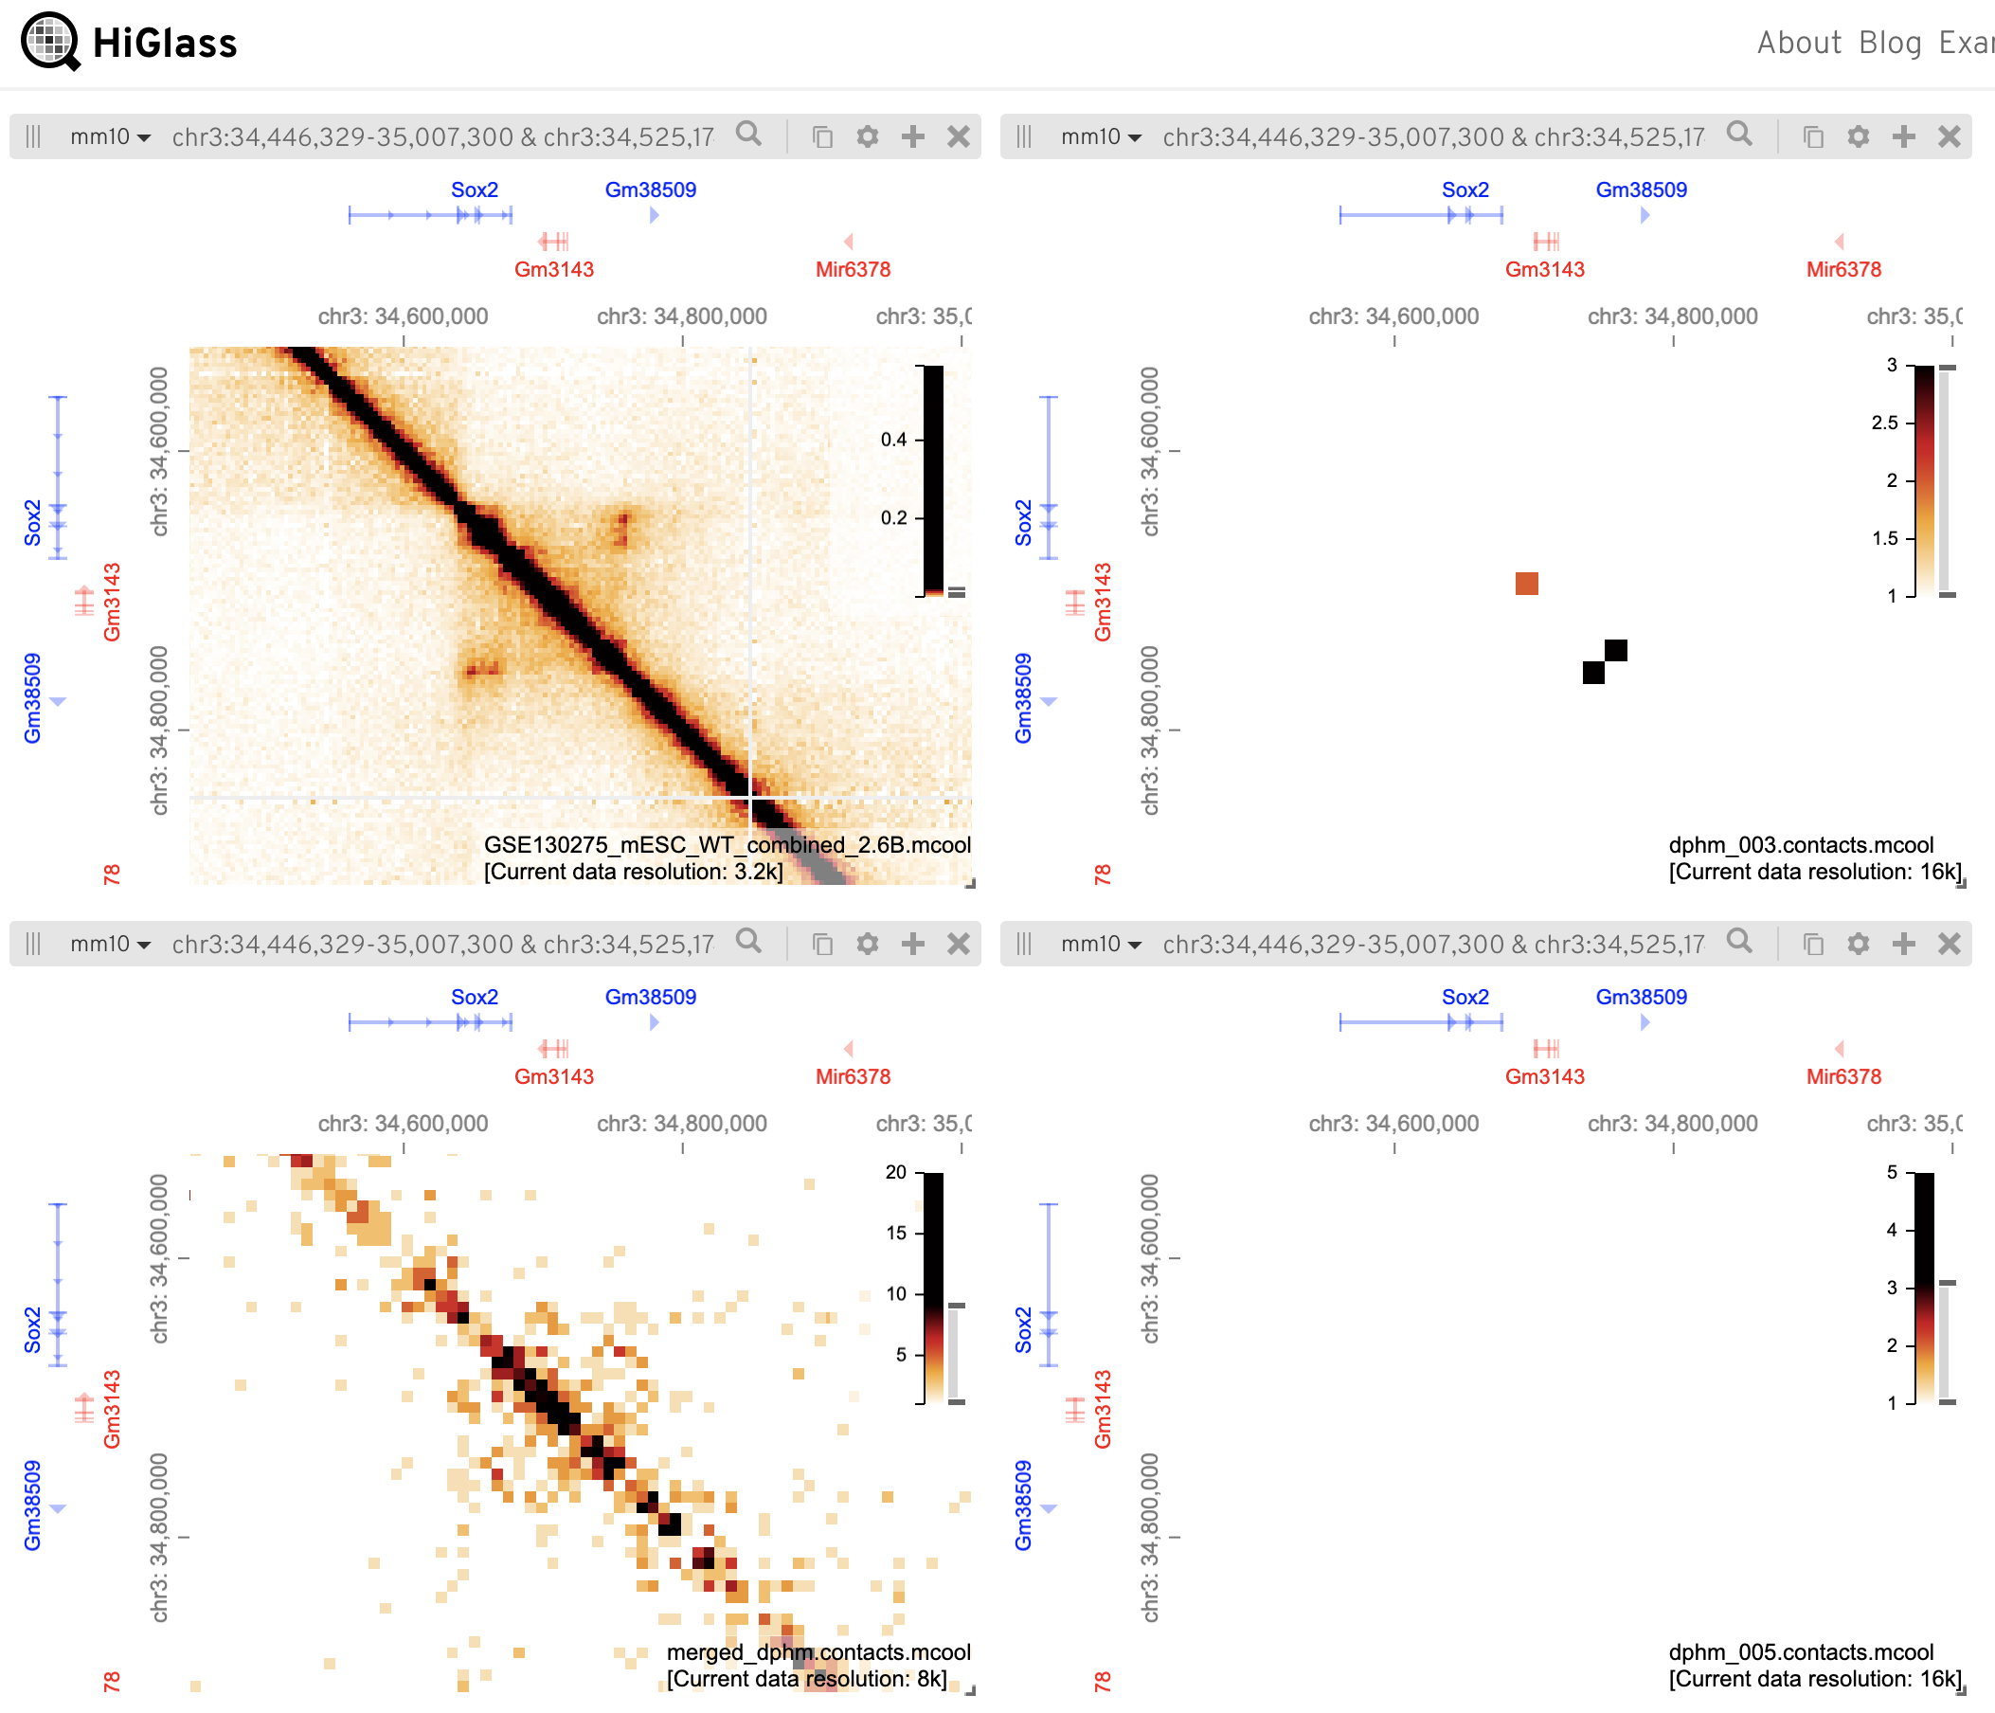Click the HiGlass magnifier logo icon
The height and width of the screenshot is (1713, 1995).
tap(50, 42)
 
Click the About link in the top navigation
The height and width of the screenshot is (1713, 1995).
tap(1798, 44)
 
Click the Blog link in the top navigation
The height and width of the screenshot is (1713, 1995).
tap(1889, 44)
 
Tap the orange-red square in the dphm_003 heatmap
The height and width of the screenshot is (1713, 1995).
tap(1526, 584)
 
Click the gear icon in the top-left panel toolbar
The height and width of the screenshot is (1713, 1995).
tap(868, 136)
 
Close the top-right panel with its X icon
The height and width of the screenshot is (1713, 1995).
tap(1949, 136)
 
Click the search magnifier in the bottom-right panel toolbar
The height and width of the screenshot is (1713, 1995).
tap(1739, 941)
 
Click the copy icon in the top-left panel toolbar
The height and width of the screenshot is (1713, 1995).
tap(822, 136)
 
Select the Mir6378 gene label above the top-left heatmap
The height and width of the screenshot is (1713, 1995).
tap(853, 270)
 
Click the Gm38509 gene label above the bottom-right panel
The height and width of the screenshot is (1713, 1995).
tap(1641, 997)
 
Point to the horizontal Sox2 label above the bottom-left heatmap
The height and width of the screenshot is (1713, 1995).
tap(475, 997)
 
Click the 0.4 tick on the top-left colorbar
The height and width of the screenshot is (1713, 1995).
tap(893, 440)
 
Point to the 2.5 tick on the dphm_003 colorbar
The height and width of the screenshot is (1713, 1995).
tap(1884, 423)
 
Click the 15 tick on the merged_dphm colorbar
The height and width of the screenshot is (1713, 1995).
tap(896, 1233)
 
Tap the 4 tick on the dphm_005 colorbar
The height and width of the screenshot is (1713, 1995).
tap(1892, 1230)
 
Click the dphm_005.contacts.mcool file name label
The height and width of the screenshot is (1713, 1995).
tap(1801, 1652)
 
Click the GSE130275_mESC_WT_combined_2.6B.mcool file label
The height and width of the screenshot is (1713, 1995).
tap(727, 844)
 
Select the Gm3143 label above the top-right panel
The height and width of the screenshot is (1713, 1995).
tap(1544, 270)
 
